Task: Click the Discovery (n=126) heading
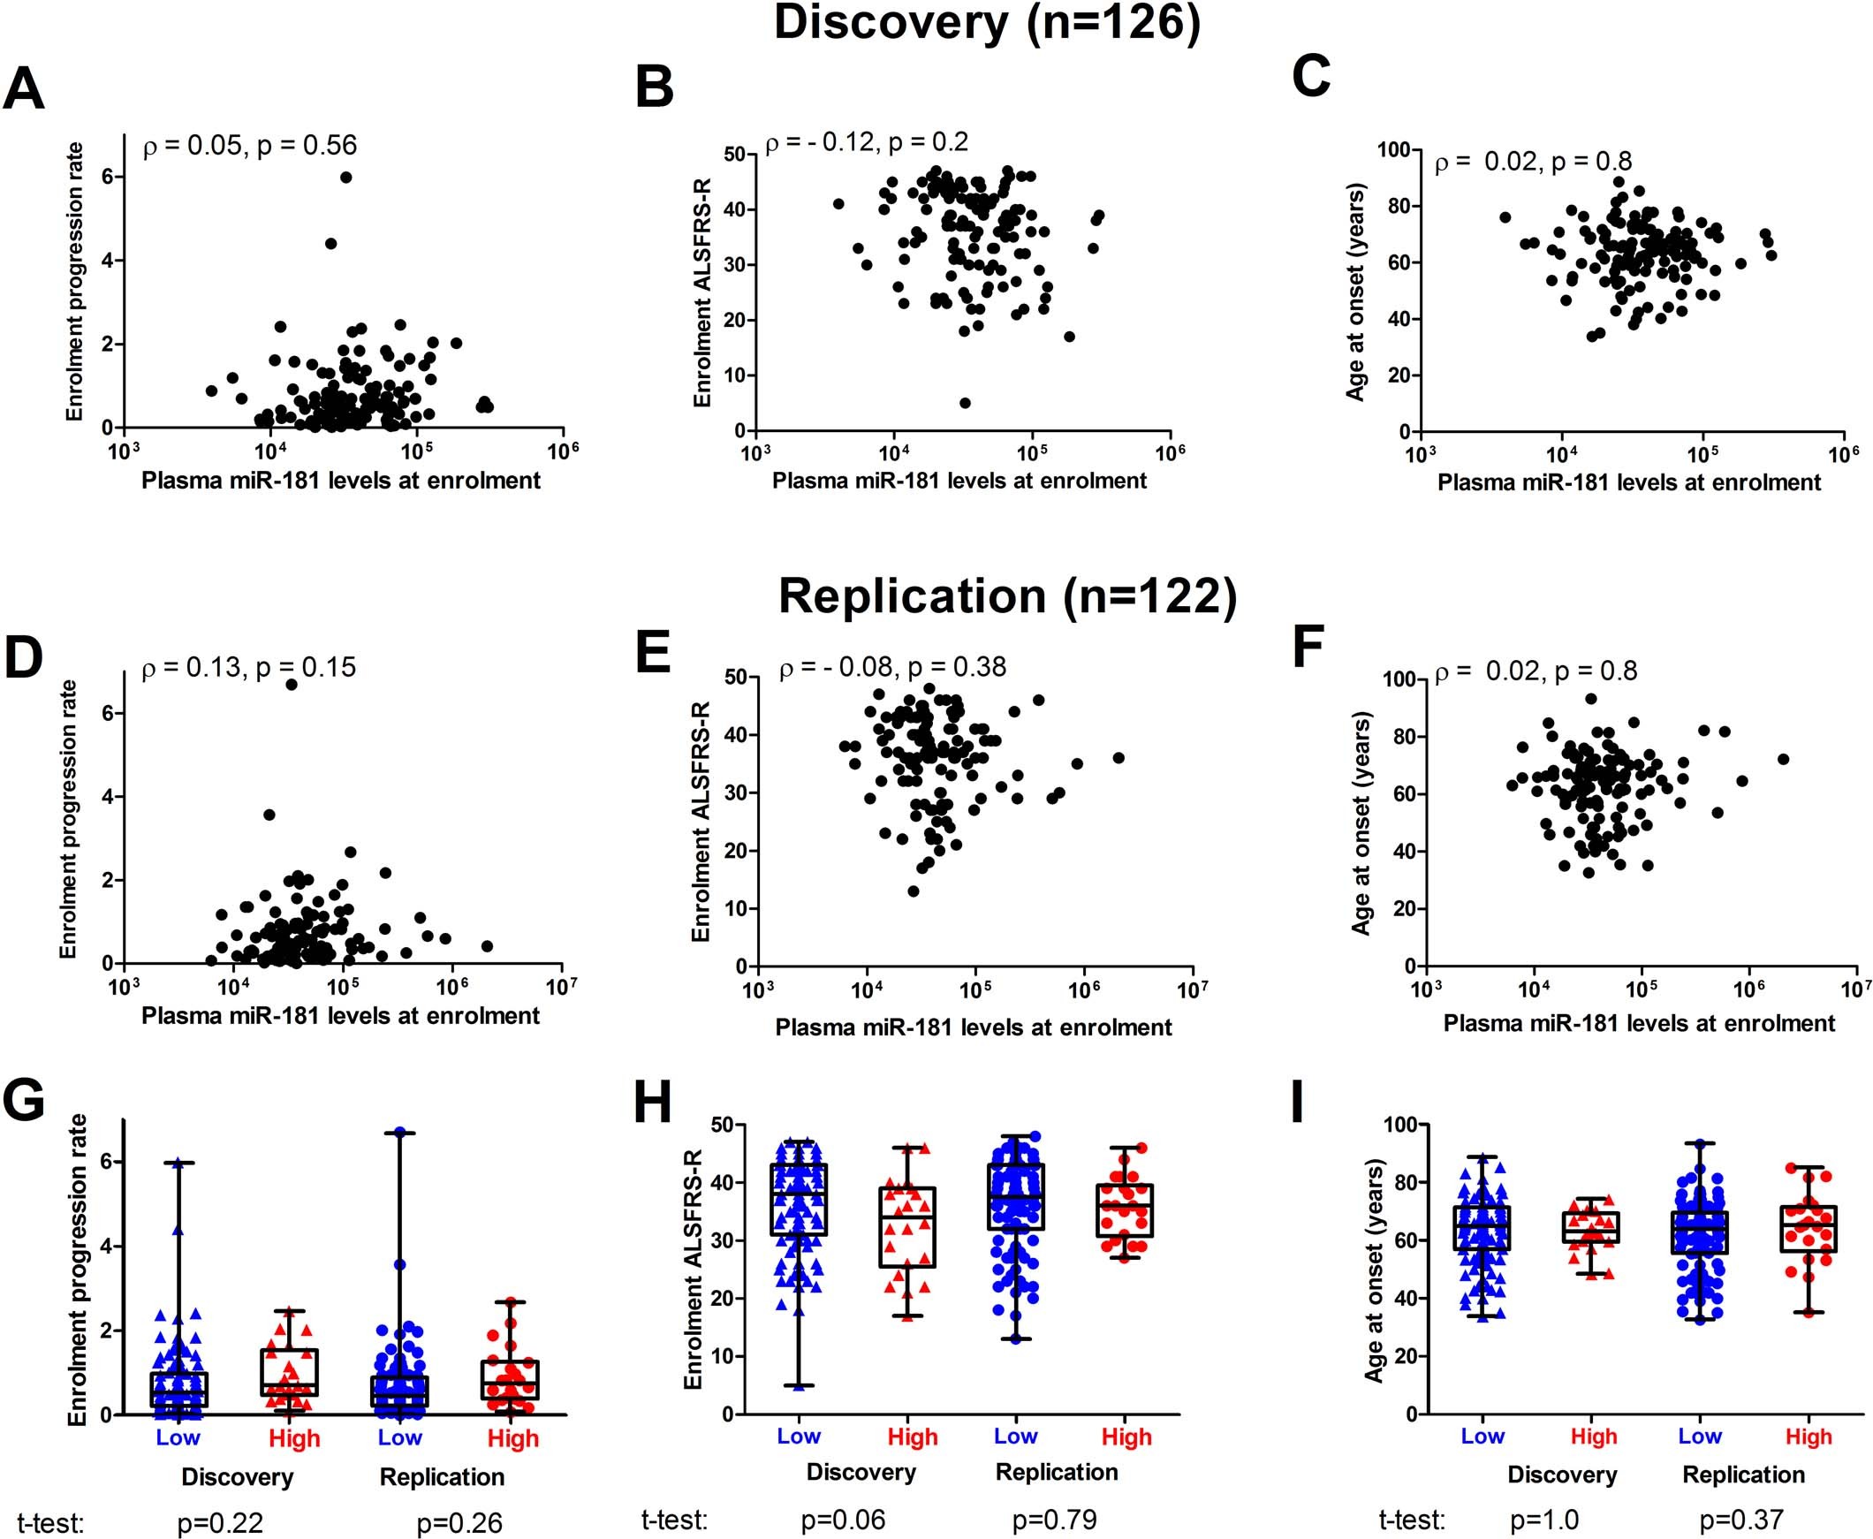tap(987, 23)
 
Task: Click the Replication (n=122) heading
tap(1007, 596)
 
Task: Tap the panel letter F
tap(1308, 649)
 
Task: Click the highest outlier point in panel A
tap(345, 178)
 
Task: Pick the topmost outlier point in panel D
tap(291, 684)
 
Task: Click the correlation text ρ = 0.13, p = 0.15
tap(249, 667)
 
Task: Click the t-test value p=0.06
tap(842, 1520)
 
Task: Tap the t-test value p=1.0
tap(1544, 1520)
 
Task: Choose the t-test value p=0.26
tap(459, 1523)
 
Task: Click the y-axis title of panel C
tap(1355, 292)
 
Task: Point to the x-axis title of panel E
tap(974, 1027)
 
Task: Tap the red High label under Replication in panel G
tap(512, 1438)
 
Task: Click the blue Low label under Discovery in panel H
tap(798, 1437)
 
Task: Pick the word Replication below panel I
tap(1743, 1475)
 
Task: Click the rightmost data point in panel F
tap(1784, 759)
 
